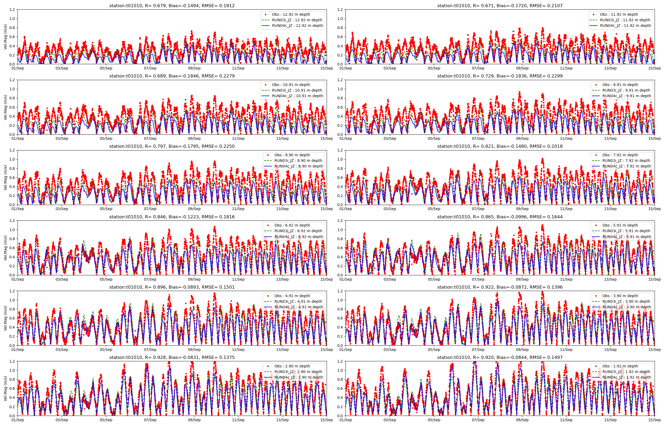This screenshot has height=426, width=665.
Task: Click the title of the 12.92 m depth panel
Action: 172,6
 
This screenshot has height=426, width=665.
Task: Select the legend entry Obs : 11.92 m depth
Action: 619,14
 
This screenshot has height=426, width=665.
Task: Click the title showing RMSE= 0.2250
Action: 172,146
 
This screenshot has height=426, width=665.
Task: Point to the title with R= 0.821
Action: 500,146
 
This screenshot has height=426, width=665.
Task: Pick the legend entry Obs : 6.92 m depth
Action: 292,225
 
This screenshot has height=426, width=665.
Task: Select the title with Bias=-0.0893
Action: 172,287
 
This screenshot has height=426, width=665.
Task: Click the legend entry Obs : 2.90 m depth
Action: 292,366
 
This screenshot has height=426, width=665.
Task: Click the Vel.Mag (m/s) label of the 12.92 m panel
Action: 5,37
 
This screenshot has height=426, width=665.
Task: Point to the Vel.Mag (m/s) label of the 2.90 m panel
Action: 5,388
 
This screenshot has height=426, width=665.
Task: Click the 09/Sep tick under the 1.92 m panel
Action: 522,420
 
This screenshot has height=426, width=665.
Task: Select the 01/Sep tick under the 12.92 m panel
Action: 18,68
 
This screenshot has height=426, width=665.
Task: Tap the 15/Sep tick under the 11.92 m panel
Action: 655,68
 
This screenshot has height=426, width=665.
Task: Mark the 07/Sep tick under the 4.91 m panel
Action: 150,350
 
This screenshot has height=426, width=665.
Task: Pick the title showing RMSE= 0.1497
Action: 500,357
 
